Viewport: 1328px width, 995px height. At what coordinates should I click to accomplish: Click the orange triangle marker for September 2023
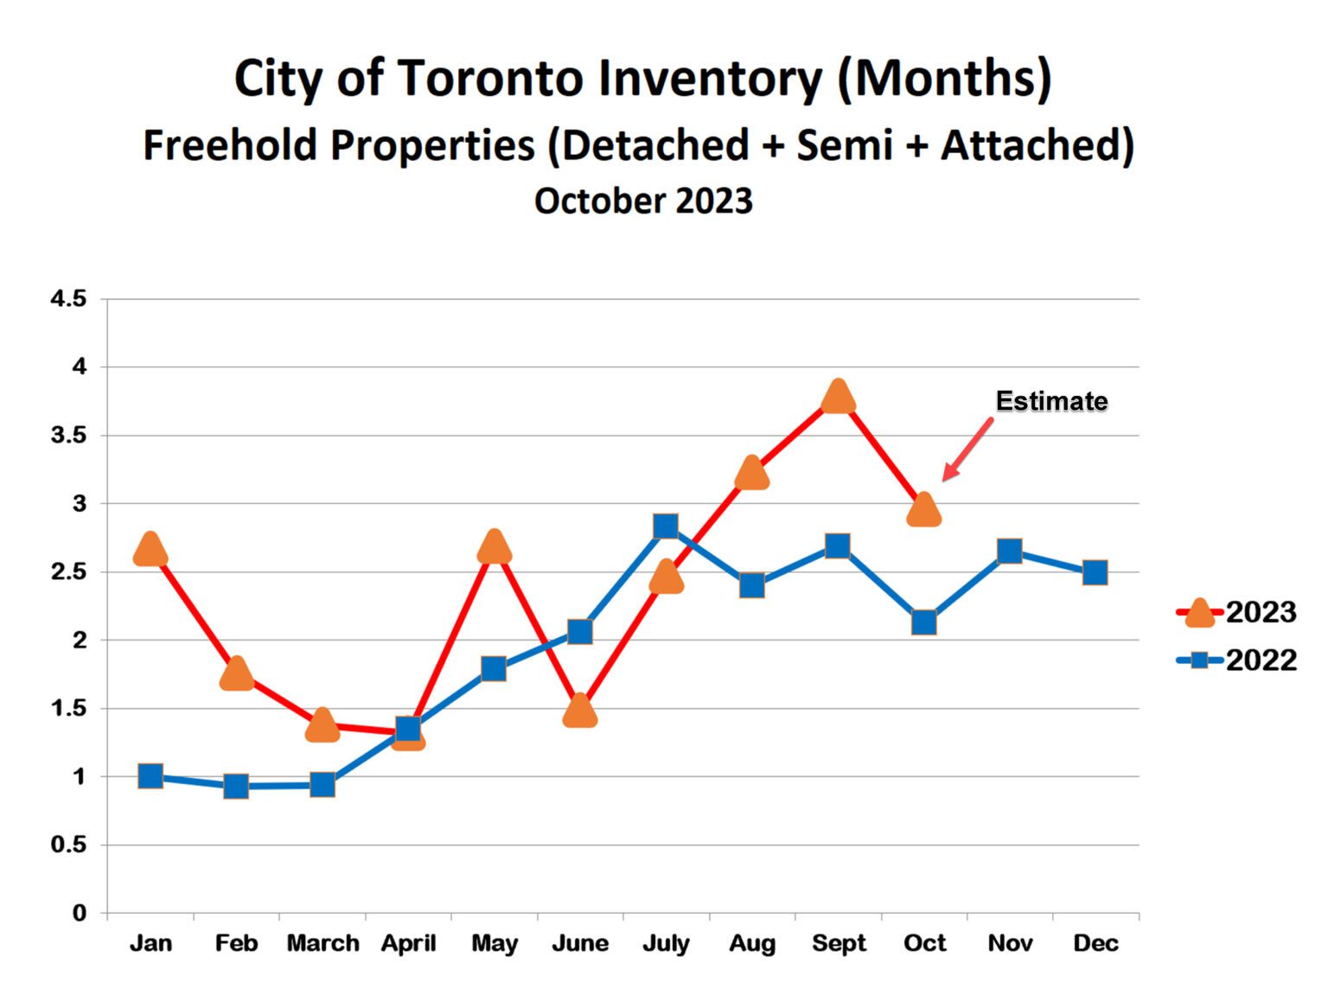coord(837,398)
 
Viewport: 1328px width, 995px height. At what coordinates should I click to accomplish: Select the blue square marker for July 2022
coord(665,526)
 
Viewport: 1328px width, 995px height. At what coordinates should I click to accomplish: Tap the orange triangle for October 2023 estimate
coord(923,511)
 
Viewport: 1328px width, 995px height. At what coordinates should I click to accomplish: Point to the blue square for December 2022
coord(1095,572)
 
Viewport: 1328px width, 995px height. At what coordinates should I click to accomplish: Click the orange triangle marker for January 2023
coord(150,550)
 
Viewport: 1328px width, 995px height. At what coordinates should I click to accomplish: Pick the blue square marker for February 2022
coord(236,787)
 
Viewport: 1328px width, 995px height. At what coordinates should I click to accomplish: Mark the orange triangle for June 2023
coord(579,711)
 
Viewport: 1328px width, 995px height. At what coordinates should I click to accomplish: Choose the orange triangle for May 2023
coord(494,547)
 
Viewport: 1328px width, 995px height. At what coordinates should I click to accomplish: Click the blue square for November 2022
coord(1009,551)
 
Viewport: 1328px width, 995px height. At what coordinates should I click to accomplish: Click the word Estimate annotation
coord(1050,401)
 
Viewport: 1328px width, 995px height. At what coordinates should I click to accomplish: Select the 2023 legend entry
coord(1236,612)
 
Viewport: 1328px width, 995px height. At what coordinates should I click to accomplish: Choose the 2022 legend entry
coord(1236,660)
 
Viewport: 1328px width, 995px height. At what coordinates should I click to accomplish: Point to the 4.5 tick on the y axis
coord(69,299)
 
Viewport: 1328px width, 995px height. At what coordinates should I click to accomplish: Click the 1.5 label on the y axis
coord(69,709)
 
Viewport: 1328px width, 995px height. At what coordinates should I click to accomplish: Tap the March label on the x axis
coord(322,943)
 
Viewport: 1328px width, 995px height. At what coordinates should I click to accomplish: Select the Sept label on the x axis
coord(838,943)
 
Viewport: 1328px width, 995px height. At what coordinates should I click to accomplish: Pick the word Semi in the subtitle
coord(844,144)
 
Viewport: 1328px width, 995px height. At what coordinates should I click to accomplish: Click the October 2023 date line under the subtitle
coord(643,201)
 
